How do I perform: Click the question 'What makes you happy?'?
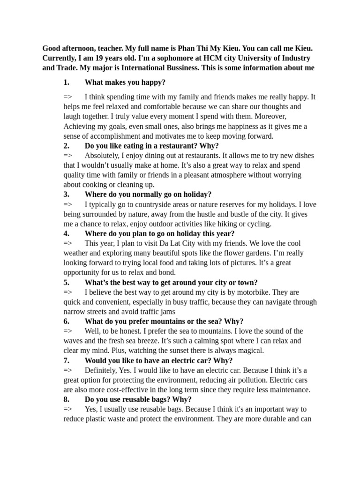(125, 82)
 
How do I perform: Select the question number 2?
(67, 146)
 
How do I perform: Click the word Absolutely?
(104, 156)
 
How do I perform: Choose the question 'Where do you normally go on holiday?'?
(148, 194)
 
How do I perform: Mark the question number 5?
(67, 282)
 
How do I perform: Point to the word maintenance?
(290, 390)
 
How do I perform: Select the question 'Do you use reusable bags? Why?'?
(138, 399)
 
